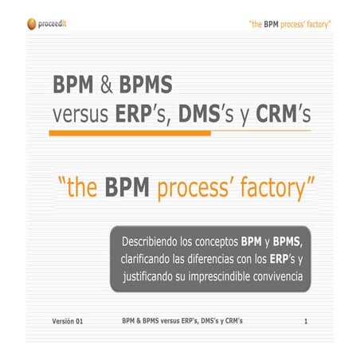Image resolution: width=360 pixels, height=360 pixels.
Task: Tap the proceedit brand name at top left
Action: coord(58,23)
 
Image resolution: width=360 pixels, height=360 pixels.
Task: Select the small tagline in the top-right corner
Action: coord(291,24)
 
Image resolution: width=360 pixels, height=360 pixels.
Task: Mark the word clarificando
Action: coord(151,259)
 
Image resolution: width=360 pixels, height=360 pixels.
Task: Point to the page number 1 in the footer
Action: coord(305,322)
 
